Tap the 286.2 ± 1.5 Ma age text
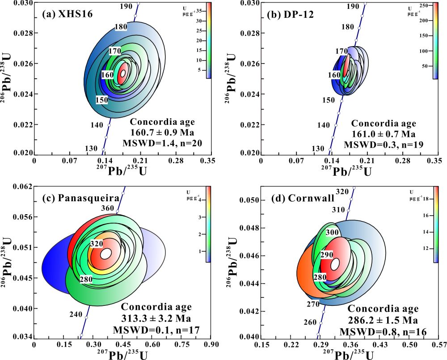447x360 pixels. (383, 321)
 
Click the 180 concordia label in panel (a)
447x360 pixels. (120, 27)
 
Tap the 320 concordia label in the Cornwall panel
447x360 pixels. (342, 191)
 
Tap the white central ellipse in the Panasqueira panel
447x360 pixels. (106, 254)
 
